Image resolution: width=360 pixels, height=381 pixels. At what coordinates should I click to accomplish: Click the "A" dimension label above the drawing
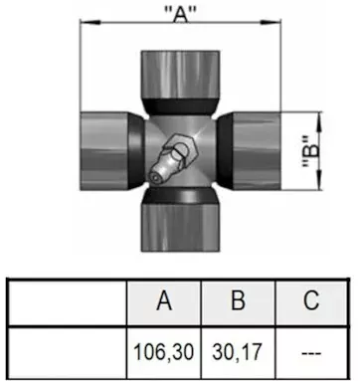[x=180, y=14]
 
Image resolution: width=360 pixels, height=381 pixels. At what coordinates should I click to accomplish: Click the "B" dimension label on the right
[x=311, y=151]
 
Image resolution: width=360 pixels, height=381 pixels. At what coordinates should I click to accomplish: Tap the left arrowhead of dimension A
[x=90, y=22]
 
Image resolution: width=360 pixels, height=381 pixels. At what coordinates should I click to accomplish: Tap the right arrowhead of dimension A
[x=270, y=22]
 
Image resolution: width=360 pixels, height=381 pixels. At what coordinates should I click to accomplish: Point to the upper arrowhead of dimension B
[x=319, y=122]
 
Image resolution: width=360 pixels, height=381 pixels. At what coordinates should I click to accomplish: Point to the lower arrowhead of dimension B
[x=319, y=180]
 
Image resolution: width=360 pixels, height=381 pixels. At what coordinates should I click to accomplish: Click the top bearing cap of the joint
[x=180, y=75]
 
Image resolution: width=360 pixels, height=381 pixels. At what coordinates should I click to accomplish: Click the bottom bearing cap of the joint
[x=181, y=227]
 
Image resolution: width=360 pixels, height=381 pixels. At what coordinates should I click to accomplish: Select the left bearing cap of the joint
[x=104, y=151]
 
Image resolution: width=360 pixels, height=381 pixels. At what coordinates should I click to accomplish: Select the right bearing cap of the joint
[x=257, y=151]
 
